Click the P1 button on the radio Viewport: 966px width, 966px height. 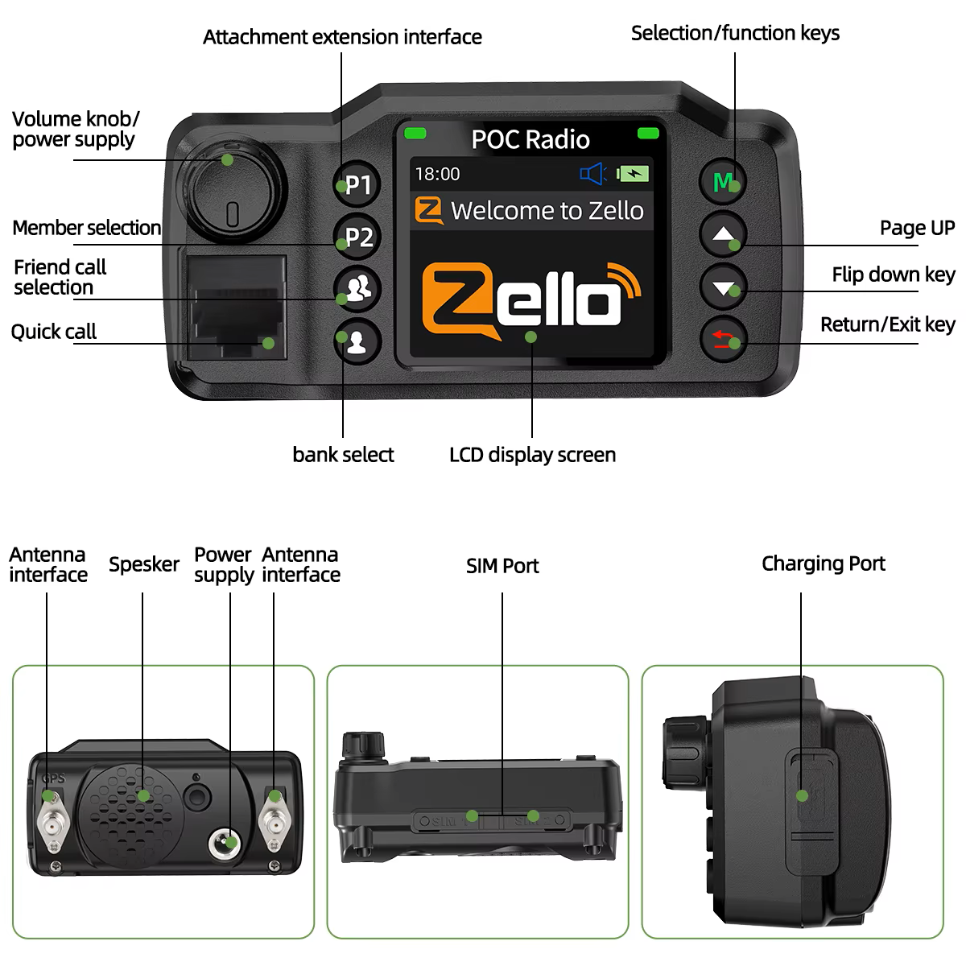coord(356,184)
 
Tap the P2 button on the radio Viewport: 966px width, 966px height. coord(357,237)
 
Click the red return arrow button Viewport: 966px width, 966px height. coord(724,340)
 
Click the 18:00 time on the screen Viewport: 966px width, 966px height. coord(437,174)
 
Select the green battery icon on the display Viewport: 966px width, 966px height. coord(634,174)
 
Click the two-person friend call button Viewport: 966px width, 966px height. coord(357,288)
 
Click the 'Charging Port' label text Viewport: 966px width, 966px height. coord(823,563)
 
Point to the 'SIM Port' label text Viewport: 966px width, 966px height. coord(502,566)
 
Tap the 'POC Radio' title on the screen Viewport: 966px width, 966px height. coord(530,139)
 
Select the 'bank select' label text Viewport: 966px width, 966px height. coord(343,455)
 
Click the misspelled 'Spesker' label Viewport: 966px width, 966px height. coord(143,564)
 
